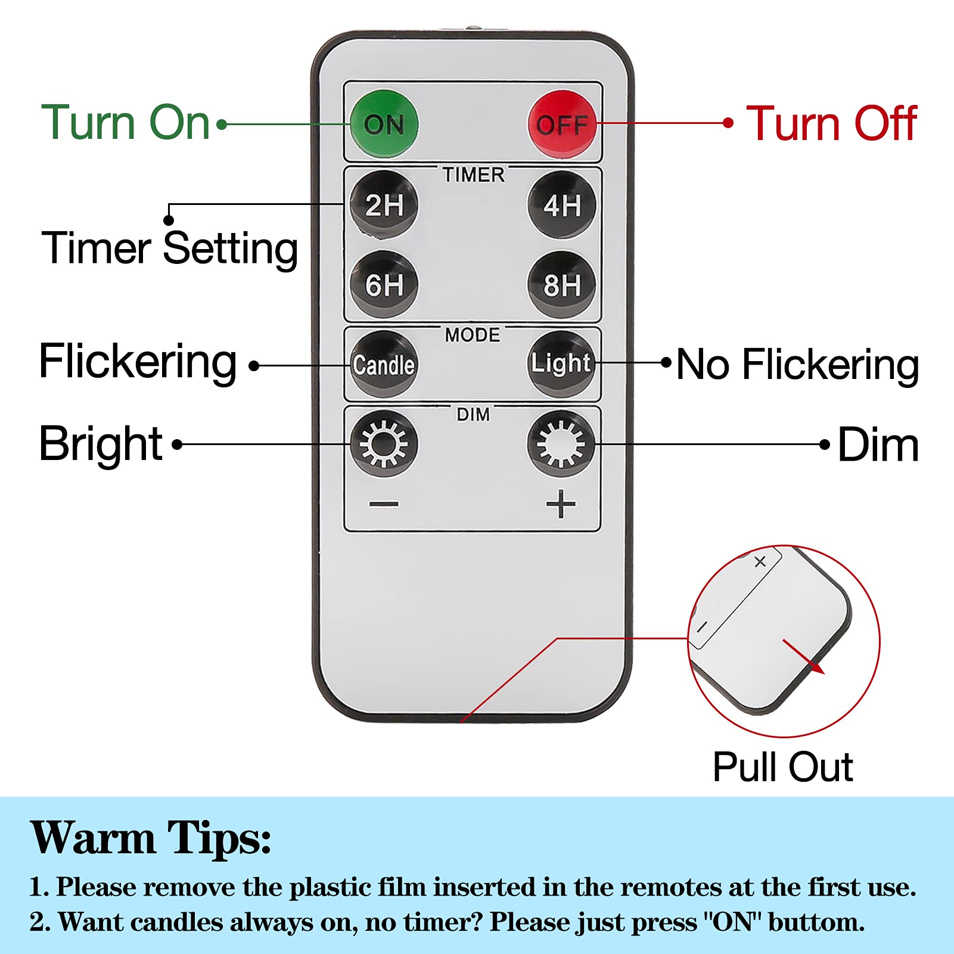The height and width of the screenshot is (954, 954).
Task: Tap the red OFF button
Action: point(562,124)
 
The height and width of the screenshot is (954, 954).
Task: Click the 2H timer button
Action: point(384,204)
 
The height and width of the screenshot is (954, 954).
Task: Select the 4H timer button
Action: point(562,204)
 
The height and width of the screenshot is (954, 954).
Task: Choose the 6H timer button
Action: point(384,284)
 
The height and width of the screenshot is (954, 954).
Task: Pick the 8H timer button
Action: point(562,284)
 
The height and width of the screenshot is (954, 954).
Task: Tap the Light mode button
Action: point(562,363)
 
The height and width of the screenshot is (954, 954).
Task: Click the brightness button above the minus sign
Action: point(384,443)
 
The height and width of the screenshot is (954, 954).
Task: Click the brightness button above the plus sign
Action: point(561,443)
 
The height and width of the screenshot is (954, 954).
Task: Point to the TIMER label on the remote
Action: point(473,175)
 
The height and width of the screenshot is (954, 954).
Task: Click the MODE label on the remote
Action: point(473,335)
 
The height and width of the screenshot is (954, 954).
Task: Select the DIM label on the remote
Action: point(473,414)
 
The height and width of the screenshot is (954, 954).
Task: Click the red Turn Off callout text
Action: point(831,123)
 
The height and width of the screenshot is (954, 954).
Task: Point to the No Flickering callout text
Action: point(798,365)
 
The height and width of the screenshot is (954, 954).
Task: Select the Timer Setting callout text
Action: point(170,248)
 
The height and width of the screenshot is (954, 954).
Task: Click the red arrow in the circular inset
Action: point(804,657)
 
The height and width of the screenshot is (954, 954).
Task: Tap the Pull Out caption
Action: point(782,767)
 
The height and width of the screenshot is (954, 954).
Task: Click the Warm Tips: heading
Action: point(151,838)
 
